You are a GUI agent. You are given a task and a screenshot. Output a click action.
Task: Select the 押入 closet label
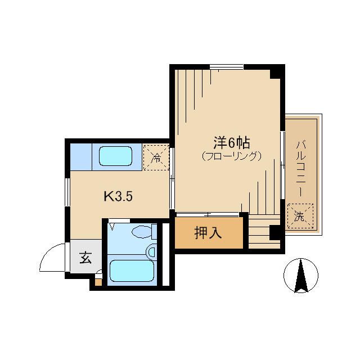(208, 232)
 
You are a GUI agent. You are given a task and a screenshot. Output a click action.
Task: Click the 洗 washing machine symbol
(299, 216)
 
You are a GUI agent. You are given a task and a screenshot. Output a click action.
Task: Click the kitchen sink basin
(115, 156)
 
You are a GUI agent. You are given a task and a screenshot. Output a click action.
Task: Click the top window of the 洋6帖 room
(227, 67)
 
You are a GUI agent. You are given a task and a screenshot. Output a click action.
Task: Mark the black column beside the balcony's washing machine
(275, 231)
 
